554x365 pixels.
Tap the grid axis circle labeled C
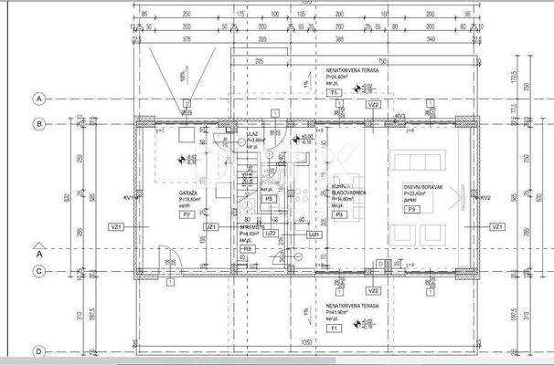(x=38, y=271)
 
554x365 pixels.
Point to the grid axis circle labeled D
(x=38, y=350)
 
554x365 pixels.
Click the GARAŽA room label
(x=189, y=193)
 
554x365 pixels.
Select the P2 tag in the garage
(x=186, y=214)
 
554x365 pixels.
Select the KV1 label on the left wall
(x=128, y=197)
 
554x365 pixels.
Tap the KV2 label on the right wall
(x=485, y=197)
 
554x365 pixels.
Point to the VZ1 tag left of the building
(x=115, y=226)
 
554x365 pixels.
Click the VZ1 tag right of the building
(x=497, y=226)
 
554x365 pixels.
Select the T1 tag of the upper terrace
(x=335, y=92)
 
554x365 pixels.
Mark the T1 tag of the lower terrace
(x=335, y=327)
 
